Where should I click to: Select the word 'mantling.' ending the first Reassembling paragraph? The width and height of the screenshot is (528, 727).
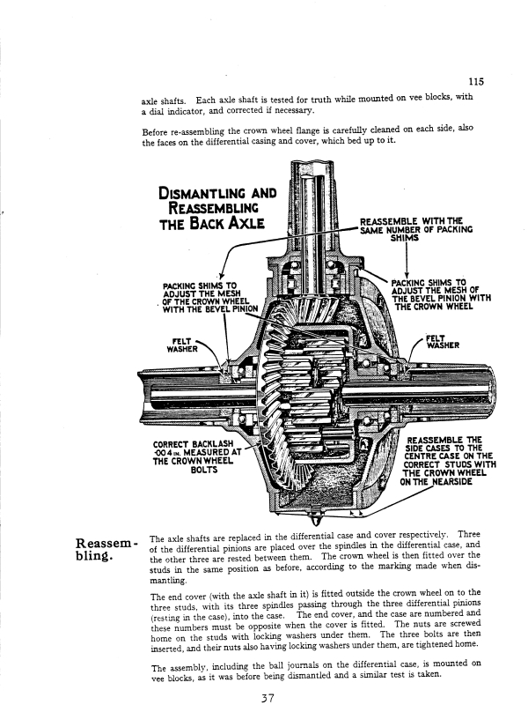point(167,582)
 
